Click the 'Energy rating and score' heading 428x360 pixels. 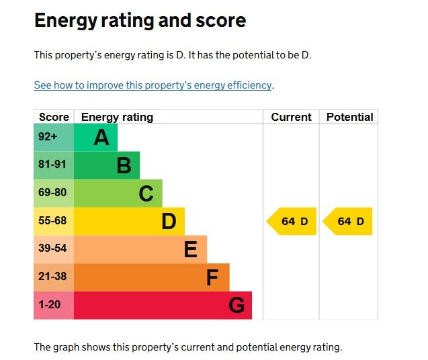[140, 21]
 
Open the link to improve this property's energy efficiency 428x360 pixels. [153, 85]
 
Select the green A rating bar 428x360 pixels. [95, 138]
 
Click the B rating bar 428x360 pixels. [107, 165]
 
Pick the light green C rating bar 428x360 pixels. [118, 193]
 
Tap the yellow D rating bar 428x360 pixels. [129, 221]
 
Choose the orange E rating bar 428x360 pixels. [140, 249]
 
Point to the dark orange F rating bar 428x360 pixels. [151, 277]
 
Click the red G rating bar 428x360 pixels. [163, 306]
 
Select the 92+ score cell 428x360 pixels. [54, 138]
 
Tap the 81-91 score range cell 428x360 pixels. [54, 165]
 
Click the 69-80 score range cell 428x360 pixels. [54, 193]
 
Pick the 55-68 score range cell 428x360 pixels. [54, 221]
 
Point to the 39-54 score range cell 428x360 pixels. [54, 249]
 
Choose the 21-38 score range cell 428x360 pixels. [54, 277]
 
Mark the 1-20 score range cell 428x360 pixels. [54, 306]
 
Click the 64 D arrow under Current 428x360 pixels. [292, 222]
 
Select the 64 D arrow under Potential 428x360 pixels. [349, 222]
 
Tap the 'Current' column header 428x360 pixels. [291, 117]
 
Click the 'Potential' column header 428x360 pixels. [349, 117]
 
